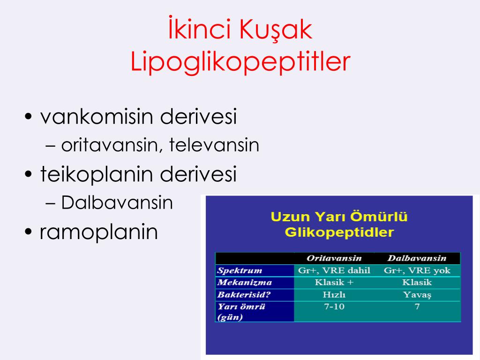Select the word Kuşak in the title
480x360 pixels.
pyautogui.click(x=277, y=30)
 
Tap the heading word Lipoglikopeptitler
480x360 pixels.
pyautogui.click(x=240, y=62)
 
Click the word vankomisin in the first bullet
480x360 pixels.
pyautogui.click(x=97, y=117)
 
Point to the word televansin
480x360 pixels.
pyautogui.click(x=214, y=145)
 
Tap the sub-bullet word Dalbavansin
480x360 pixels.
pyautogui.click(x=117, y=203)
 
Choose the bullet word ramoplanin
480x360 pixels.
pyautogui.click(x=99, y=232)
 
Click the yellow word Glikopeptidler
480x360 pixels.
pyautogui.click(x=339, y=232)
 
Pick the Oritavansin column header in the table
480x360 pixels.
pyautogui.click(x=334, y=259)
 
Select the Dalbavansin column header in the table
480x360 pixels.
pyautogui.click(x=417, y=259)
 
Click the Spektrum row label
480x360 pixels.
pyautogui.click(x=240, y=270)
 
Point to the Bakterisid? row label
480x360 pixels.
pyautogui.click(x=244, y=295)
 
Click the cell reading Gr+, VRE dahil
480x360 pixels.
pyautogui.click(x=334, y=270)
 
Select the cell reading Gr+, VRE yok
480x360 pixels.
pyautogui.click(x=417, y=270)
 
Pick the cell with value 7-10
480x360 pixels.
pyautogui.click(x=334, y=307)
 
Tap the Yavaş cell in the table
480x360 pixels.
pyautogui.click(x=417, y=295)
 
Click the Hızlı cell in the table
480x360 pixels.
pyautogui.click(x=334, y=295)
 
